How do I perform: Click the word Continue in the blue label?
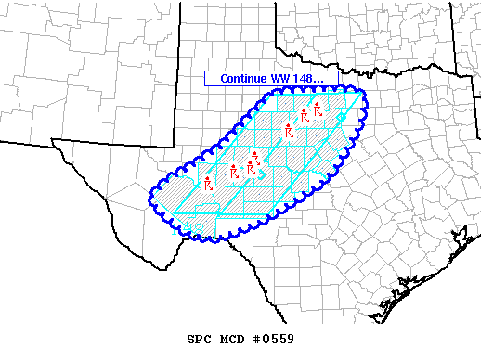click(243, 79)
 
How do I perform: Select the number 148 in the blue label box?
click(303, 79)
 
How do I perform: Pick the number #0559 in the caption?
click(272, 340)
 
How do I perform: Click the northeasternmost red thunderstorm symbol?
click(318, 109)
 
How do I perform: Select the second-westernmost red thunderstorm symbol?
click(234, 172)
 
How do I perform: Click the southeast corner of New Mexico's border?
click(175, 146)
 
